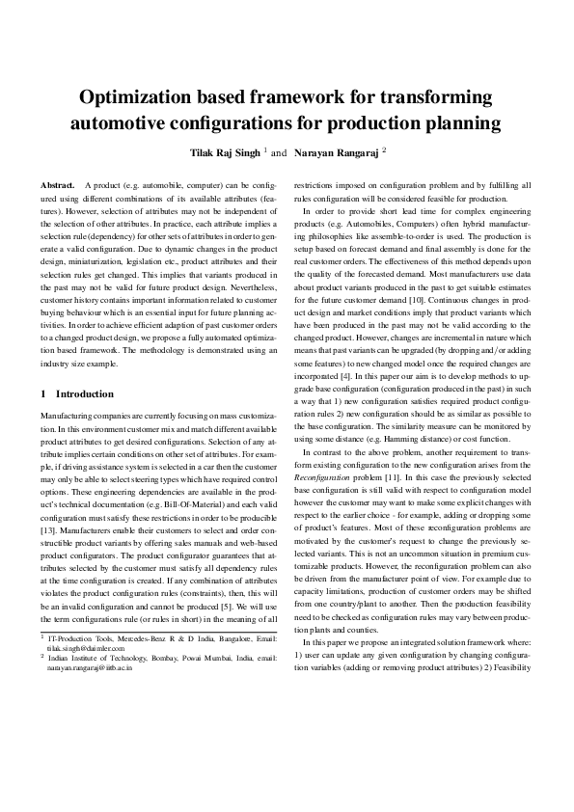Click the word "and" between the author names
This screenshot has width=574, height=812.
pos(279,152)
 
